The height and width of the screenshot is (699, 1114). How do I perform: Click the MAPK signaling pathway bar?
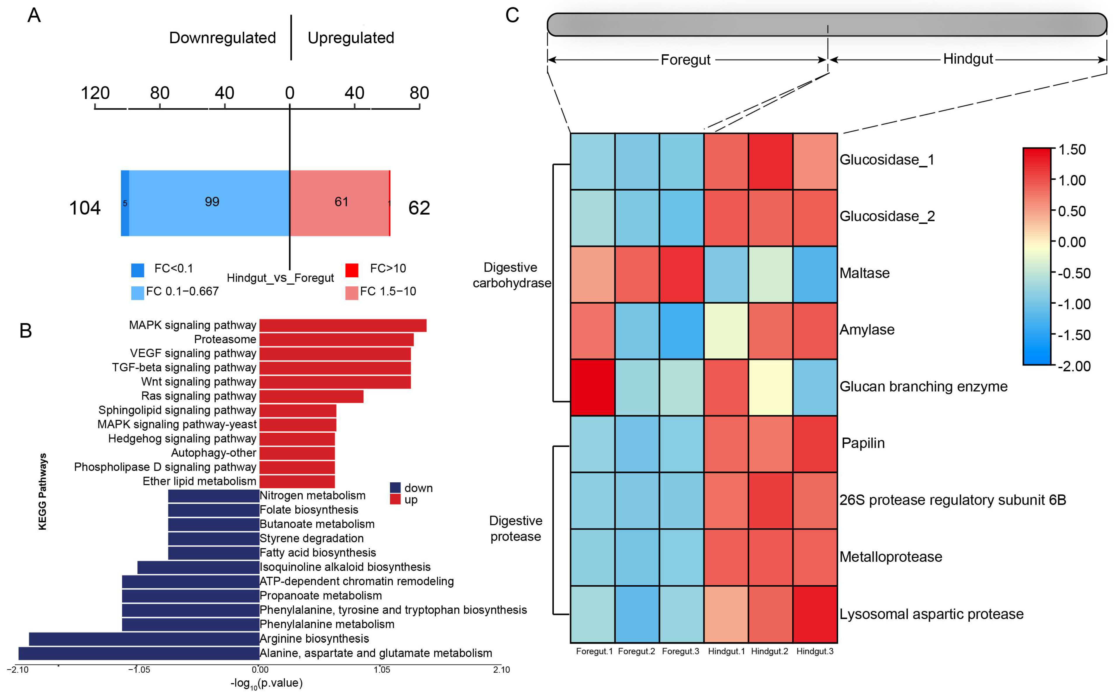tap(342, 326)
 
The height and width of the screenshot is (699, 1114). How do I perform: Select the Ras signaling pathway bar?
tap(311, 396)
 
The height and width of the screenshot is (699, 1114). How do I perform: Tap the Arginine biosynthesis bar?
tap(143, 639)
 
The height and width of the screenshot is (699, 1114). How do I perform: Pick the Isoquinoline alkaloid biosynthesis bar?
tap(198, 567)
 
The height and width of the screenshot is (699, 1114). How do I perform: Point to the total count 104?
tap(85, 208)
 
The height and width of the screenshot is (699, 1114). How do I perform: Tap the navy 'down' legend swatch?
tap(395, 488)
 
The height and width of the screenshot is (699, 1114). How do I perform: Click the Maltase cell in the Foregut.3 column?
tap(681, 274)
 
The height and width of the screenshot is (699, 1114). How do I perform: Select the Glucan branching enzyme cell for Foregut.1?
tap(592, 387)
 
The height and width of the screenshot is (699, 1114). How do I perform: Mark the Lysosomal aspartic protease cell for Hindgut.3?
tap(815, 614)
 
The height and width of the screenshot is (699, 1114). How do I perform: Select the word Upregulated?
tap(351, 38)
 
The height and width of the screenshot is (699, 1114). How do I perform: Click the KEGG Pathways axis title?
tap(42, 491)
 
